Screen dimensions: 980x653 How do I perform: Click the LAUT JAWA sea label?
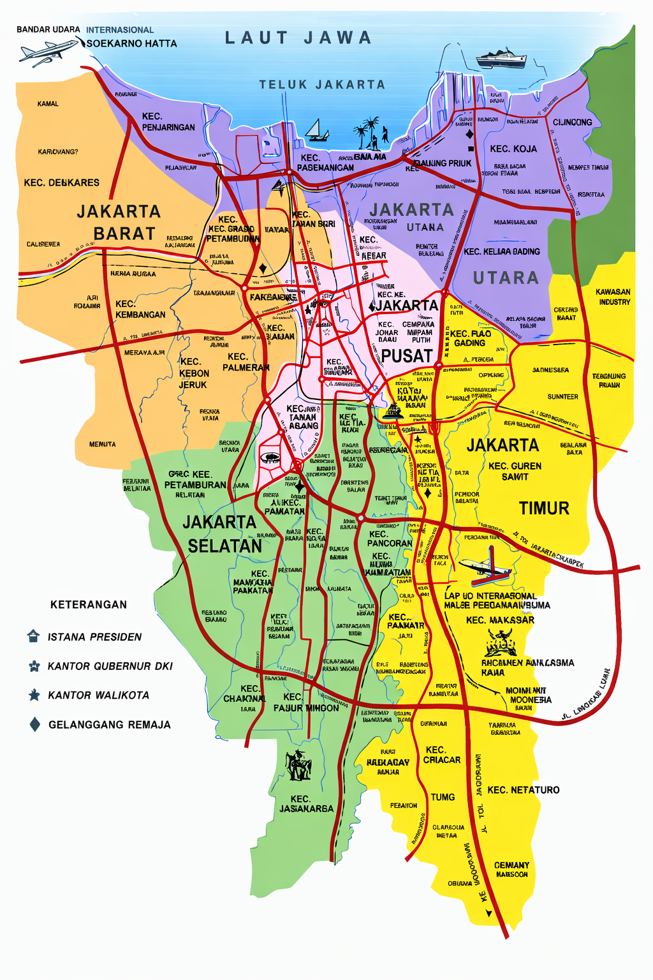click(298, 38)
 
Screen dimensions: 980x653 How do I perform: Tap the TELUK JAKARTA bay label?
click(322, 84)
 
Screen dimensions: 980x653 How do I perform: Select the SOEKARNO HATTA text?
click(131, 43)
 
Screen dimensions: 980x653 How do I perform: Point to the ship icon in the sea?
click(501, 59)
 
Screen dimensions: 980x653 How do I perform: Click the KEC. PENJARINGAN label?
click(168, 122)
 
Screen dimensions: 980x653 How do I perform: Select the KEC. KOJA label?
click(513, 149)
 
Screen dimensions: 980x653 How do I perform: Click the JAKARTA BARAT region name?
click(119, 222)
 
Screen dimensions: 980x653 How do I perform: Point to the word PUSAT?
click(407, 356)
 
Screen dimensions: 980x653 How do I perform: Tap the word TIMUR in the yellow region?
click(543, 509)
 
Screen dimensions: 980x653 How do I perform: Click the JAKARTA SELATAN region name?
click(222, 534)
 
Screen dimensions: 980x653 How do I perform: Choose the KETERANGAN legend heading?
click(89, 605)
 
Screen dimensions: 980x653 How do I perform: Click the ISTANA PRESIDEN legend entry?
click(94, 637)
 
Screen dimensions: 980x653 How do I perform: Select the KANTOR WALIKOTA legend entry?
click(98, 695)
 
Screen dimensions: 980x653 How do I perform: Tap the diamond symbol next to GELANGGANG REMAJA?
click(35, 724)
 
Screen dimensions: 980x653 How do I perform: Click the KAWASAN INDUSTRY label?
click(613, 297)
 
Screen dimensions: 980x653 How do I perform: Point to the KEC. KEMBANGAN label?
click(140, 309)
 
